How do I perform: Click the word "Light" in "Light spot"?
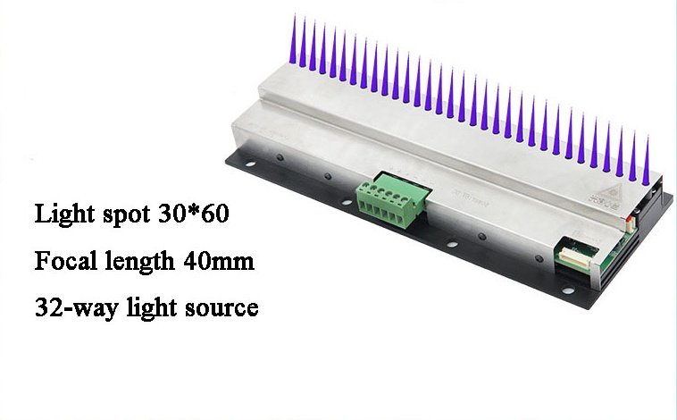pos(64,214)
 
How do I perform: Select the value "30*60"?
pos(193,213)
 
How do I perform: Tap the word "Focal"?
pos(65,261)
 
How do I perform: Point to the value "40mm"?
pos(219,261)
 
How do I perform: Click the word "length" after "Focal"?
pos(140,262)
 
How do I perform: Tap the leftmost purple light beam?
pos(294,39)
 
